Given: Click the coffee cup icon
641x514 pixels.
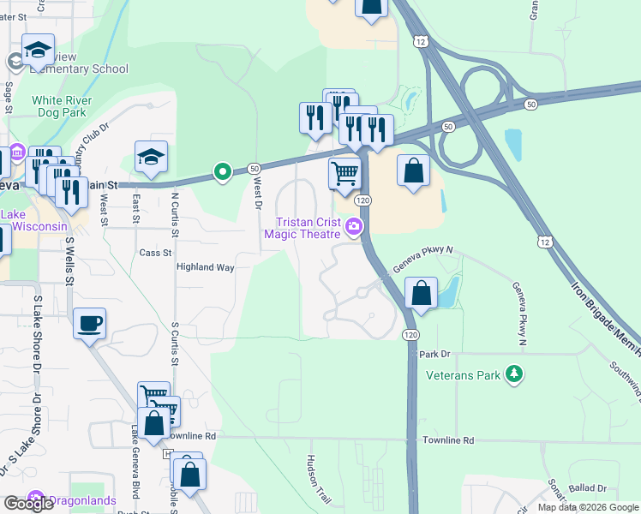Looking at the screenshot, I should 89,323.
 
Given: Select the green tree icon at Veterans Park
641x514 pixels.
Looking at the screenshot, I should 513,374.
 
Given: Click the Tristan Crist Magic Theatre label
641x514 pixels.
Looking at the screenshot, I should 303,227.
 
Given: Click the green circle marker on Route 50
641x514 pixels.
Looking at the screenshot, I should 223,172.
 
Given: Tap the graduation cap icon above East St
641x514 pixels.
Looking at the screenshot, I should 151,156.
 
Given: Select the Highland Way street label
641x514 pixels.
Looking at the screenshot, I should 205,267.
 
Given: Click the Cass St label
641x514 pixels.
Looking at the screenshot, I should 155,253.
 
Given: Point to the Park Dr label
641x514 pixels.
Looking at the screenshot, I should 435,354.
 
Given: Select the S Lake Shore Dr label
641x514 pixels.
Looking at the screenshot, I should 38,338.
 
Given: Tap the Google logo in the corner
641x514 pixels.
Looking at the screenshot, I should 28,504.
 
